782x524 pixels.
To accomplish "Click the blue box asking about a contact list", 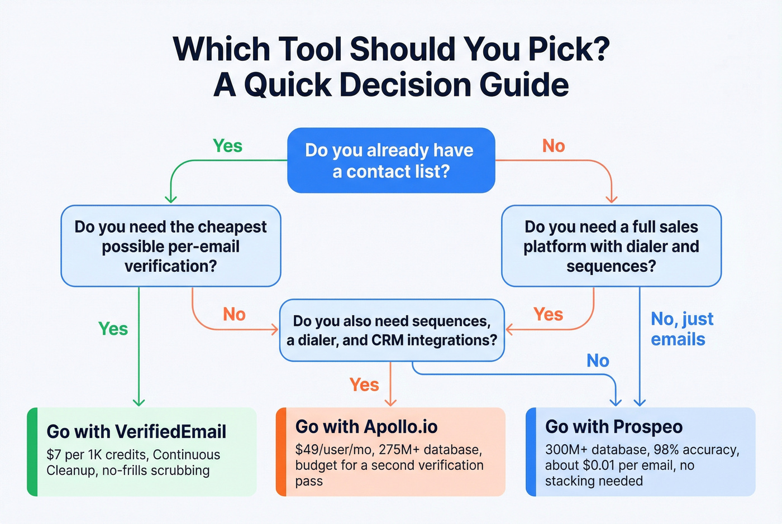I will [x=391, y=161].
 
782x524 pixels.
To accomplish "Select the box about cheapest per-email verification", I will [x=170, y=246].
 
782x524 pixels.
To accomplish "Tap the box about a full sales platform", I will [x=611, y=246].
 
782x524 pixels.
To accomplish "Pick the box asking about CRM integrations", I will [x=392, y=330].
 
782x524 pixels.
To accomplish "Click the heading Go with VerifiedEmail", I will [x=136, y=431].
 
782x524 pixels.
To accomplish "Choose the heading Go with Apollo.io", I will [x=366, y=427].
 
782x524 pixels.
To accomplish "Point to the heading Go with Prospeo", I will [x=614, y=427].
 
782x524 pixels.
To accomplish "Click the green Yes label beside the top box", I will [x=227, y=146].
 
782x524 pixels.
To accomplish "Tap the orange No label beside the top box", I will [x=554, y=146].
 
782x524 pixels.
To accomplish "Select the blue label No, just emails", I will [x=681, y=329].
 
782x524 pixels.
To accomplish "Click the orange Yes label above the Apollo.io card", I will [x=364, y=384].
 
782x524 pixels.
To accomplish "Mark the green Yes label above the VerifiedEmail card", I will [x=113, y=329].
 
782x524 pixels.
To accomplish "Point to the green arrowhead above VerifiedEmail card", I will [x=139, y=402].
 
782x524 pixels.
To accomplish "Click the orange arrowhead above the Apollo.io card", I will [x=390, y=402].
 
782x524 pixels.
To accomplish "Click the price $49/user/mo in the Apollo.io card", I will [x=331, y=450].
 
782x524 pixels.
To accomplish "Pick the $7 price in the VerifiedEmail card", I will [x=54, y=455].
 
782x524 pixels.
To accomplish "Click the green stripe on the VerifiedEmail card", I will [x=32, y=451].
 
